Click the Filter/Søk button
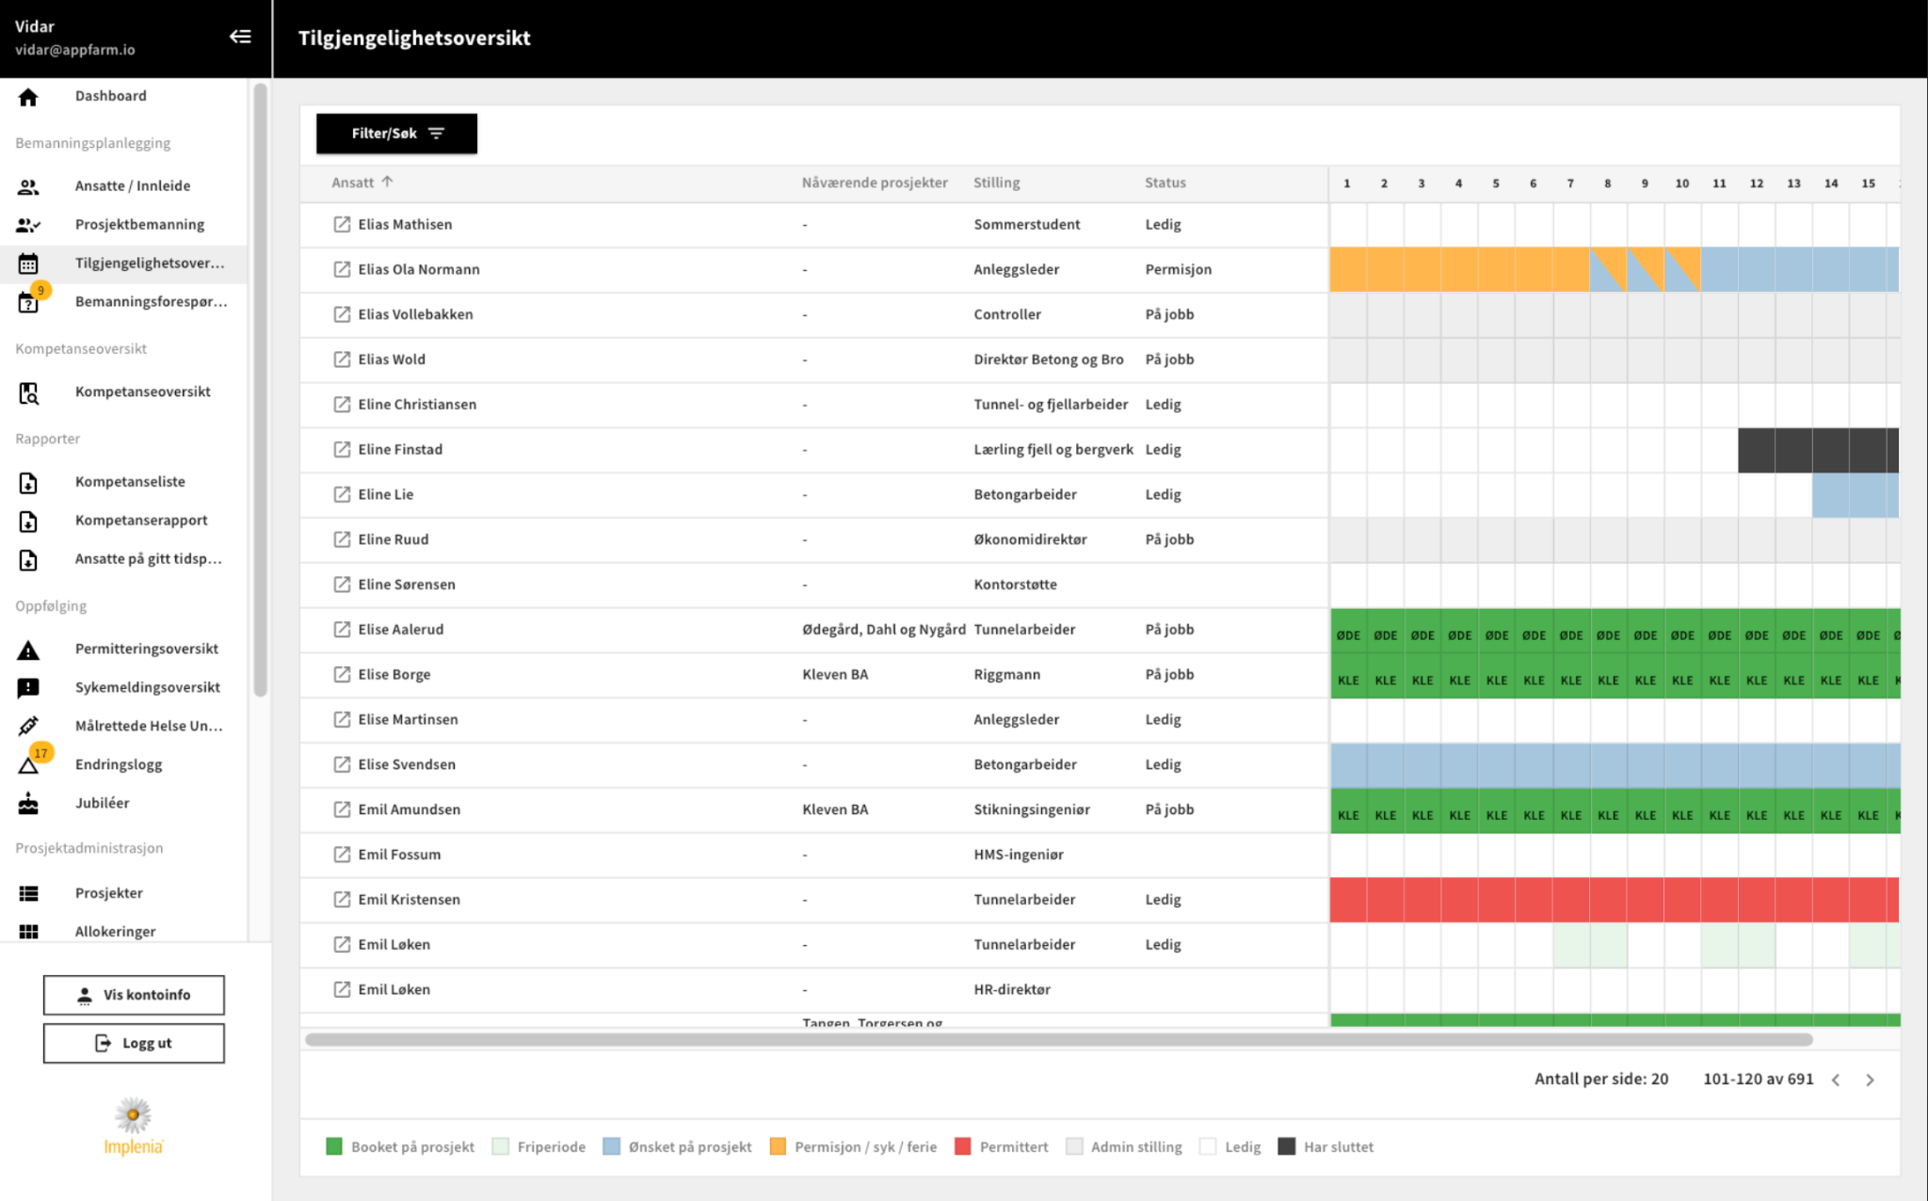pos(396,134)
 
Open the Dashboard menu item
pos(111,96)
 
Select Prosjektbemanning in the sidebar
pos(139,224)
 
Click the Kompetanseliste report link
pos(130,481)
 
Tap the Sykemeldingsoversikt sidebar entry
pos(148,687)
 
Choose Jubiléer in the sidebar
pos(103,803)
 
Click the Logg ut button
pos(134,1043)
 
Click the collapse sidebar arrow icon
pos(240,37)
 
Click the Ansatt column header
pos(352,183)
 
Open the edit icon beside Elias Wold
pos(342,360)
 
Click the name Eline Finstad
pos(400,449)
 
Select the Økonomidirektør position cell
pos(1030,539)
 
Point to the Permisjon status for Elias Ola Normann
pos(1178,269)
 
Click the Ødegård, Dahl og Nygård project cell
pos(884,630)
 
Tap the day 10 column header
pos(1681,184)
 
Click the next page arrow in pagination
pos(1870,1080)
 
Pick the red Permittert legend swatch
pos(962,1146)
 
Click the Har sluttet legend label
pos(1338,1146)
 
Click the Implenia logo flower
pos(134,1115)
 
